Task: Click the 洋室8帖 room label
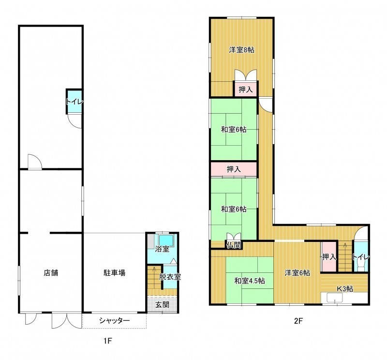(241, 50)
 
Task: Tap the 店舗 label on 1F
(51, 273)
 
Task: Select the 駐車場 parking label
(114, 273)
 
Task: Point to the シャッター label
(114, 321)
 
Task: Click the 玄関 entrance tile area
(162, 304)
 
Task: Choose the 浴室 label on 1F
(162, 249)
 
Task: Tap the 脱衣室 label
(170, 277)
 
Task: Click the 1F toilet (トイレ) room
(74, 102)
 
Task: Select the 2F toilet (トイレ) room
(361, 257)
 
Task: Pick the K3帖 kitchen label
(345, 289)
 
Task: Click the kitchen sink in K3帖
(335, 297)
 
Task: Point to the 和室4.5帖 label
(250, 281)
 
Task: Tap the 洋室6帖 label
(298, 273)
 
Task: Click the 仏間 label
(234, 245)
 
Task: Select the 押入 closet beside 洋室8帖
(246, 89)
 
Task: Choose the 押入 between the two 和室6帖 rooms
(234, 169)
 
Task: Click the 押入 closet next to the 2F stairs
(329, 257)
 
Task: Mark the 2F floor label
(298, 321)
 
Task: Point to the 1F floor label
(108, 341)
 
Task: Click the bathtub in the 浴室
(166, 240)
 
